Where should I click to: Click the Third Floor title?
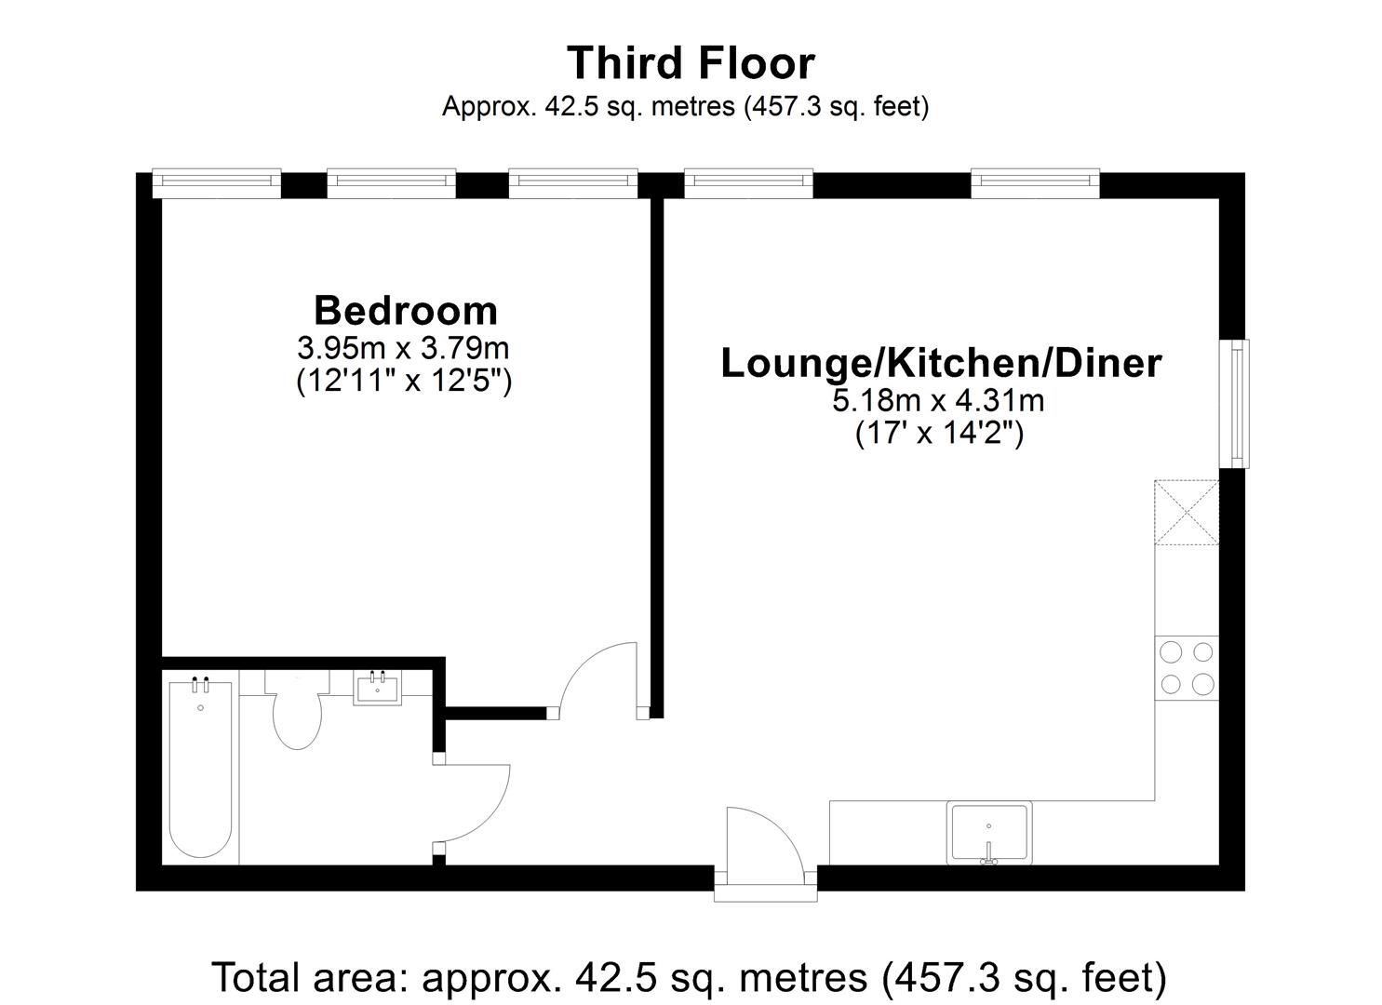691,63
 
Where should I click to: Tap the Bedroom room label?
406,310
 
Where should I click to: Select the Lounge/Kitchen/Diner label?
942,363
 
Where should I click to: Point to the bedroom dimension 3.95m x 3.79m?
403,349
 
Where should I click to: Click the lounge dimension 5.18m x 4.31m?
938,401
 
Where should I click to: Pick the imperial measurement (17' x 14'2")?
939,433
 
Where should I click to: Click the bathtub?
200,769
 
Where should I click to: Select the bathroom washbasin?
377,688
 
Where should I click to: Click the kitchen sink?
989,832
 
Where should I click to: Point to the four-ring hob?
1187,667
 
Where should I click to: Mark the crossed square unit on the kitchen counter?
1187,513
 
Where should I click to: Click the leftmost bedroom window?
217,183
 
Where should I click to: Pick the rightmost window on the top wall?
1035,183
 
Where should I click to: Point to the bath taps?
200,684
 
